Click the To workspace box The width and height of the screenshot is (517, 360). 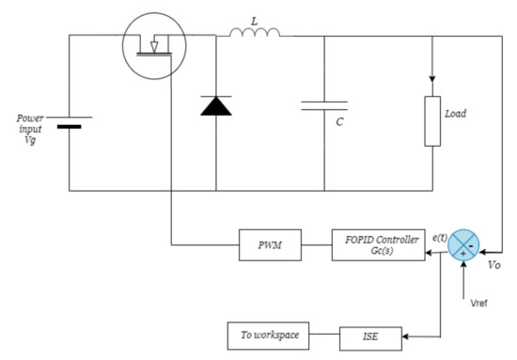coord(262,334)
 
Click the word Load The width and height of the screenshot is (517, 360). coord(455,114)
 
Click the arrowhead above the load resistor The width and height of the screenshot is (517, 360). coord(432,79)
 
